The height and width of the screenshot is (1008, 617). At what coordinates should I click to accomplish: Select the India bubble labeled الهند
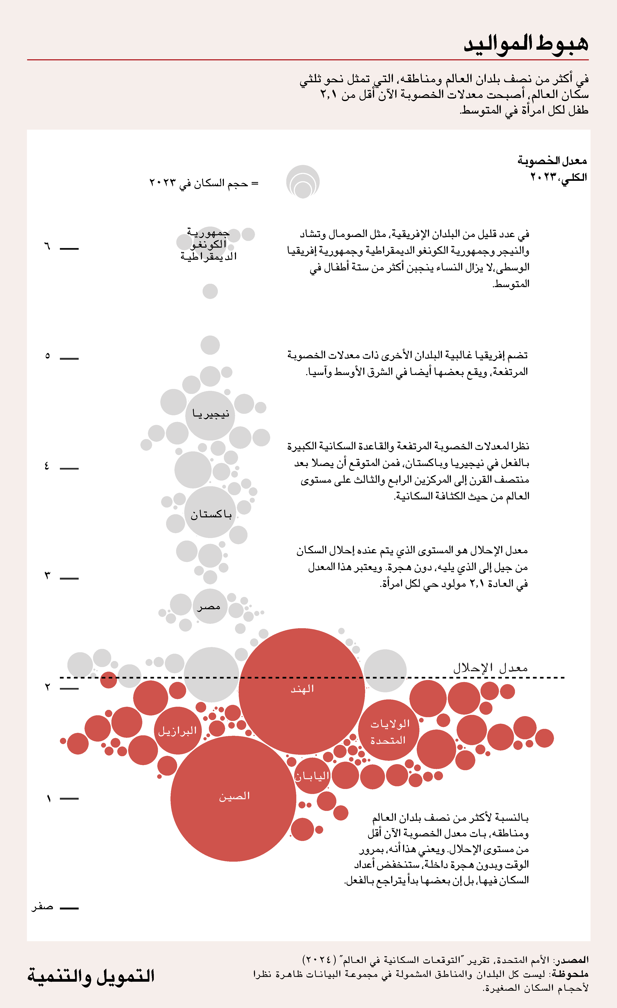[302, 691]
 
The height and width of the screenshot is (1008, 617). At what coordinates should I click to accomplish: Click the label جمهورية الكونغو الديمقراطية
[208, 245]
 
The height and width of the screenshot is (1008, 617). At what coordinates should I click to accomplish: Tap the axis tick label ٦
[47, 247]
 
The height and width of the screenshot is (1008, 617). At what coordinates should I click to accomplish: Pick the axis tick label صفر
[43, 907]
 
